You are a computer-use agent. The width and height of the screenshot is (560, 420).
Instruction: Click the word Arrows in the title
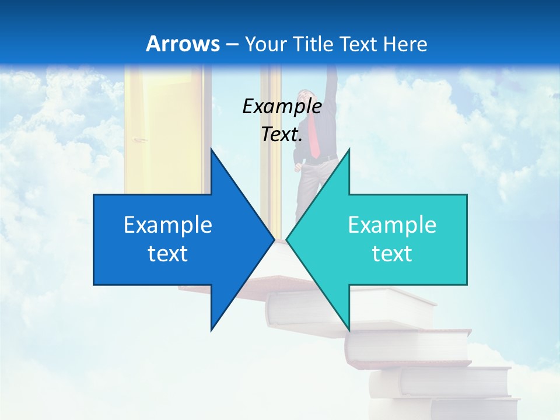click(x=183, y=44)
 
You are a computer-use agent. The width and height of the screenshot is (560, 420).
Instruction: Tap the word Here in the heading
click(x=406, y=44)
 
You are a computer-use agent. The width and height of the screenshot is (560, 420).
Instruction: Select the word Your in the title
click(x=265, y=44)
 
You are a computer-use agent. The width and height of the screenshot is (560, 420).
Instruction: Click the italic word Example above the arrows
click(x=282, y=107)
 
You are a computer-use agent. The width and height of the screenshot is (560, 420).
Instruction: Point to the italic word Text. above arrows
click(x=282, y=135)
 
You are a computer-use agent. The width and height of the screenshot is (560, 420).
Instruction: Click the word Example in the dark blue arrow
click(x=168, y=225)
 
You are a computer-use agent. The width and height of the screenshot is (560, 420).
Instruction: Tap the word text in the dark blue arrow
click(x=168, y=254)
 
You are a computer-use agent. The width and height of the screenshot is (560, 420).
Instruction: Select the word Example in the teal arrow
click(x=392, y=225)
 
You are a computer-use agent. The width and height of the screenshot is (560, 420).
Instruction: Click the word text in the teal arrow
click(x=392, y=254)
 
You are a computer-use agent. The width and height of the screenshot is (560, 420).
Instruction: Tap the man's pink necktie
click(x=314, y=137)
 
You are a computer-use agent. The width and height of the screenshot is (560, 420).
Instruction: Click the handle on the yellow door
click(x=141, y=139)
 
